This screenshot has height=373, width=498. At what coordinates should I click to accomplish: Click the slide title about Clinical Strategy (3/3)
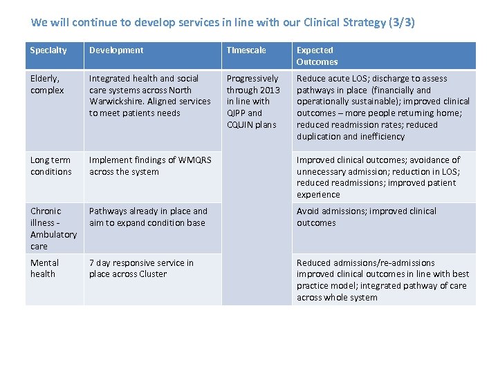(223, 22)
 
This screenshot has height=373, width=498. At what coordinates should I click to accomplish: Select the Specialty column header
(48, 50)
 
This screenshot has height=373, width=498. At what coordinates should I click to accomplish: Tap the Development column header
(116, 50)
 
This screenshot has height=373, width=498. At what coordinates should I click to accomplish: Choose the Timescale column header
(246, 50)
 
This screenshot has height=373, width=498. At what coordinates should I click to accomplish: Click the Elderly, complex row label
(47, 84)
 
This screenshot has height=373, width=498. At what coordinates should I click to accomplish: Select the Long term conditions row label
(50, 166)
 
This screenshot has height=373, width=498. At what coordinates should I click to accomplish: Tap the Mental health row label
(44, 268)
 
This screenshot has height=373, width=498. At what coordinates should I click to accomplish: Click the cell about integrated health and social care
(149, 95)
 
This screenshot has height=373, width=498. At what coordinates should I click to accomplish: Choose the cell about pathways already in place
(148, 217)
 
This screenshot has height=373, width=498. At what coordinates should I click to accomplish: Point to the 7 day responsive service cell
(141, 268)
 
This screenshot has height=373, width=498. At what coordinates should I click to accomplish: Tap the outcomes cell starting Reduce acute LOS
(382, 107)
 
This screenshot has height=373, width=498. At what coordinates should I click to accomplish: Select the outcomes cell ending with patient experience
(378, 178)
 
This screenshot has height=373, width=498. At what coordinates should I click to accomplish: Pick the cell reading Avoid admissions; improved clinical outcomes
(367, 217)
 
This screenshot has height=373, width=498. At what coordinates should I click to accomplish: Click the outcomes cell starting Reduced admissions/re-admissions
(382, 280)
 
